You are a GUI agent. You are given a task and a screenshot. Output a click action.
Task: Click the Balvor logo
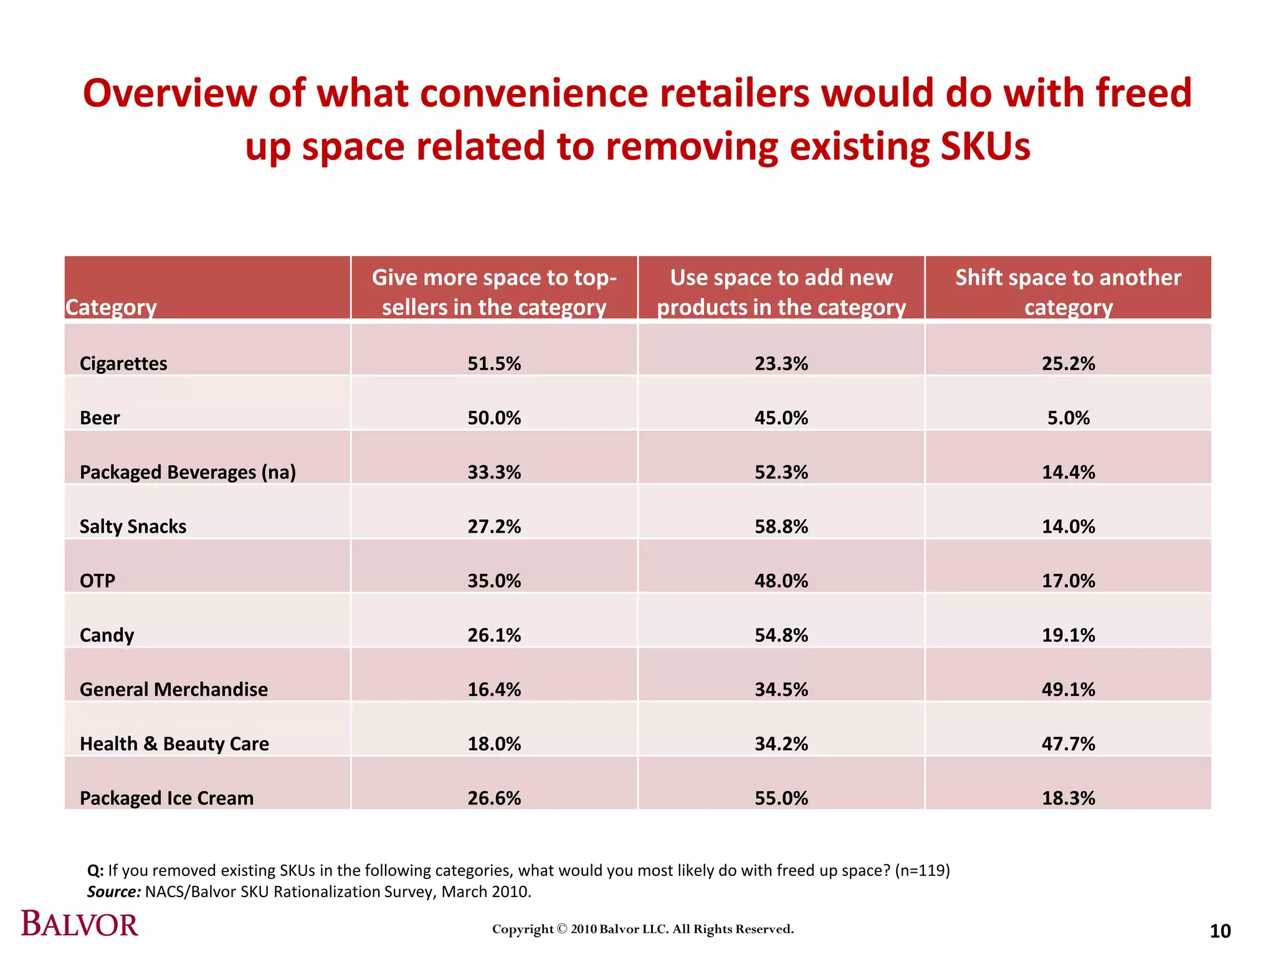(80, 924)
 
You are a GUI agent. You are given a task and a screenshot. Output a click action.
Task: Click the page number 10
(1220, 931)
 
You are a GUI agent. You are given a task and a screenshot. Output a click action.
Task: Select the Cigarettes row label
(123, 363)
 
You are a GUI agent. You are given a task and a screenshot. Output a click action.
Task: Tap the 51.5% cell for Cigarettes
(494, 363)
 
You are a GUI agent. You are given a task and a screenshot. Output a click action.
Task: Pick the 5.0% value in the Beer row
(1068, 417)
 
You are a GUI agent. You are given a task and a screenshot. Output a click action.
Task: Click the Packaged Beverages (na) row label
(188, 472)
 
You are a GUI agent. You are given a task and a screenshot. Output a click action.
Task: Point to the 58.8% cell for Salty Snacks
(781, 526)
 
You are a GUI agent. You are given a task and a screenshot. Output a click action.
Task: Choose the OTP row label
(97, 581)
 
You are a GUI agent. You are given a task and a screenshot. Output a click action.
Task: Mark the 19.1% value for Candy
(1068, 635)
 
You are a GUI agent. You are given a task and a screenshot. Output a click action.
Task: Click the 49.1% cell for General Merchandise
(1068, 689)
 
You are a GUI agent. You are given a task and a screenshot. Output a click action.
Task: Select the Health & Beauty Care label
(174, 743)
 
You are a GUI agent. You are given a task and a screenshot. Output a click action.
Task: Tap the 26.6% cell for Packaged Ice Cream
(494, 798)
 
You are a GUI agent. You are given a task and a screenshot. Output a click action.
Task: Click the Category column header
(111, 307)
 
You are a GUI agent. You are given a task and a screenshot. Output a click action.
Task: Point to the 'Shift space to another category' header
(1068, 292)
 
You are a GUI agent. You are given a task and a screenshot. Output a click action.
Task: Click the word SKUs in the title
(985, 147)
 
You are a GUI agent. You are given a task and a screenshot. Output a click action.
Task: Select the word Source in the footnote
(113, 892)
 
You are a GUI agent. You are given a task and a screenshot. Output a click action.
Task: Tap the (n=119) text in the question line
(922, 870)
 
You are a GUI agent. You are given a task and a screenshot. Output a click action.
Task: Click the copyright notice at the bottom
(643, 929)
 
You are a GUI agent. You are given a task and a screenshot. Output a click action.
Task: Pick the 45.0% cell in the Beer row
(781, 417)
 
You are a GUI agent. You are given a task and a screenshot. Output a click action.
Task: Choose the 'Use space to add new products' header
(781, 292)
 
